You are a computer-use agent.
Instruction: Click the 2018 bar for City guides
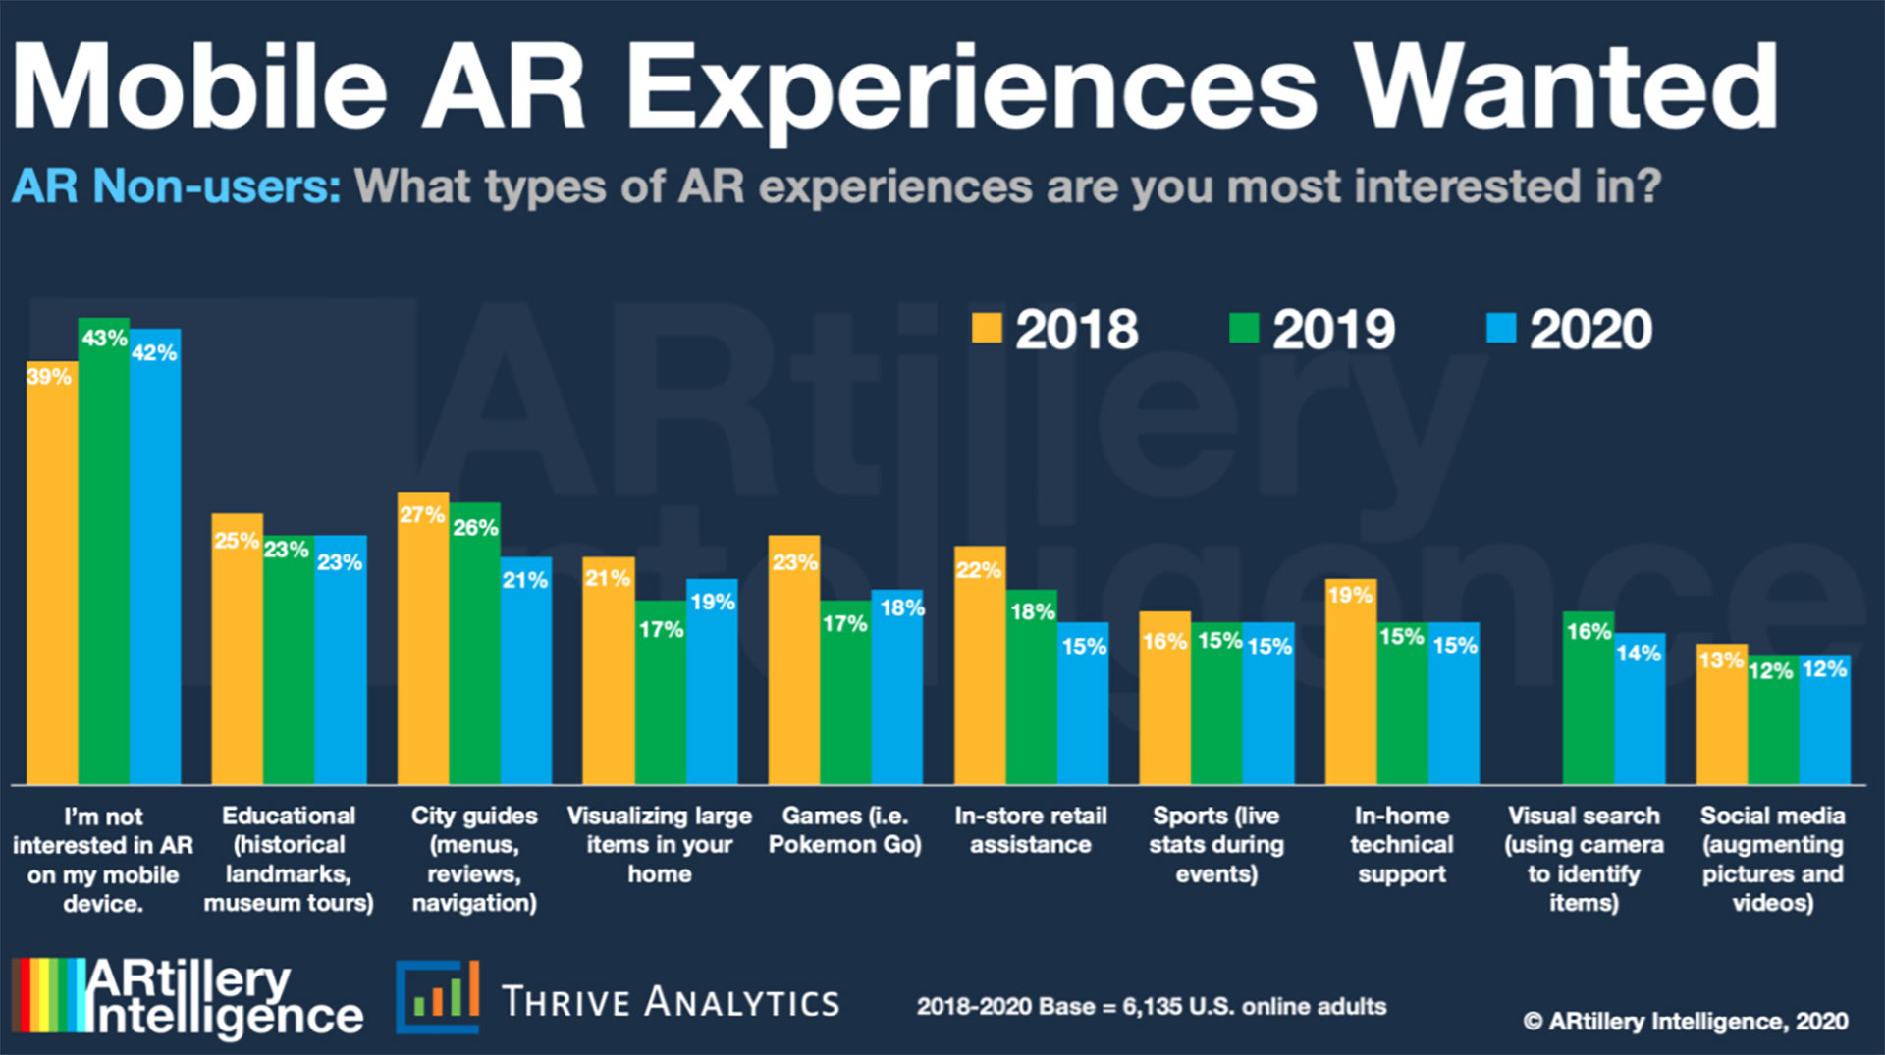click(x=423, y=638)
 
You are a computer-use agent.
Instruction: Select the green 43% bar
click(x=104, y=550)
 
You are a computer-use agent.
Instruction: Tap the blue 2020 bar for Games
click(x=896, y=687)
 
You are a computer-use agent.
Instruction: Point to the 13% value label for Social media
click(x=1721, y=660)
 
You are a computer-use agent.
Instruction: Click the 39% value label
click(x=49, y=377)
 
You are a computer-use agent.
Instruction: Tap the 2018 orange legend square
click(x=987, y=328)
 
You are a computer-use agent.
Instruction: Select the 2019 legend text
click(x=1333, y=330)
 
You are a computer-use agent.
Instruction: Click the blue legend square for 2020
click(x=1501, y=328)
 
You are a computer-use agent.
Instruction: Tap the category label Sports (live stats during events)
click(x=1216, y=844)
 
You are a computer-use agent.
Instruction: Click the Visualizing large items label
click(x=660, y=844)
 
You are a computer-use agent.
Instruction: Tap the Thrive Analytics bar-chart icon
click(x=438, y=996)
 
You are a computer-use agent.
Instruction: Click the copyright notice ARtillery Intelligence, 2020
click(x=1686, y=1022)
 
